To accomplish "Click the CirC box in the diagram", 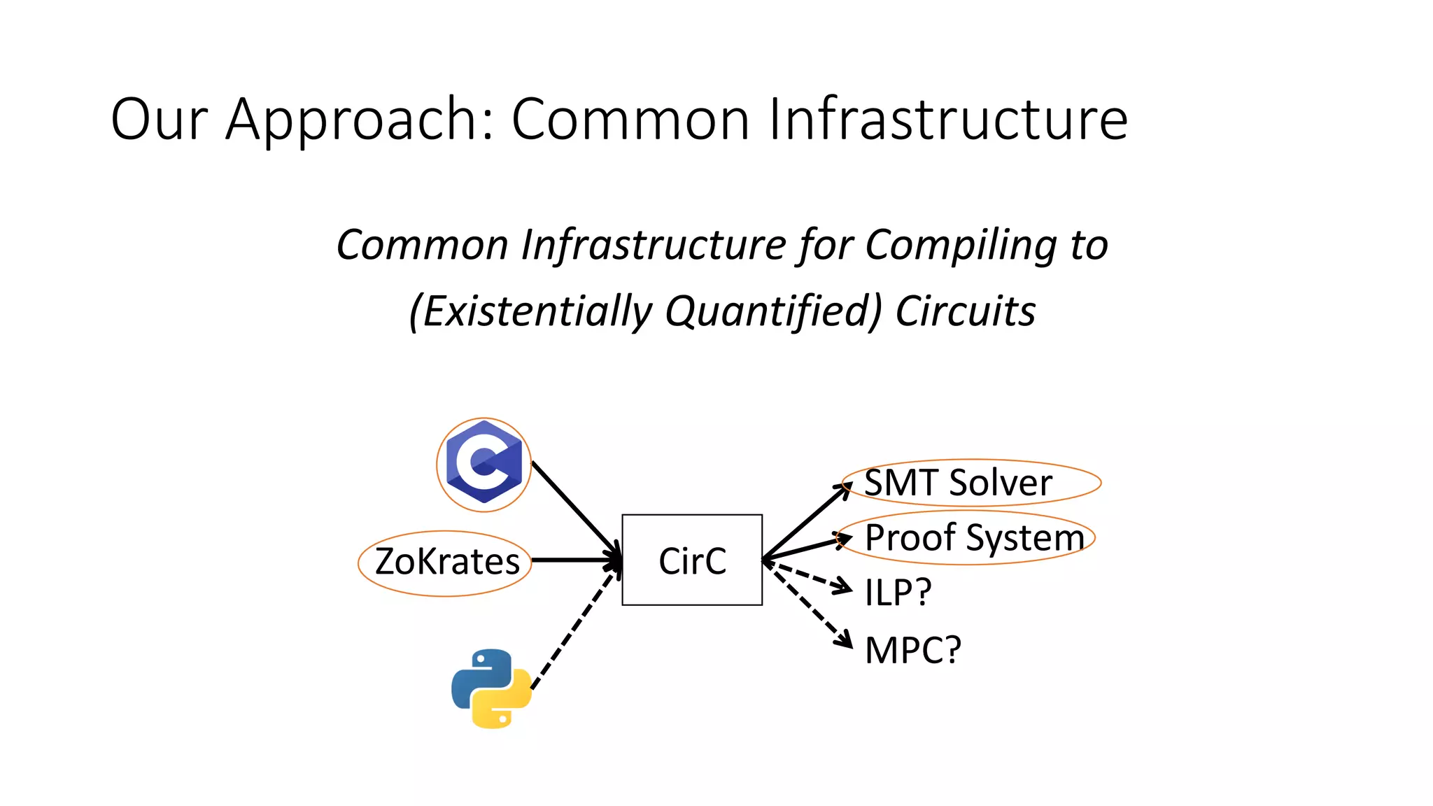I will click(x=692, y=560).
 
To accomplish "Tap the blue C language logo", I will click(x=484, y=463).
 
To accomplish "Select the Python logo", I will click(x=491, y=688).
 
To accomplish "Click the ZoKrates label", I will click(x=446, y=562).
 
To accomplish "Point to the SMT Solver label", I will click(x=958, y=483).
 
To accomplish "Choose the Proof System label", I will click(x=974, y=537).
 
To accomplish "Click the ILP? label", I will click(x=898, y=593).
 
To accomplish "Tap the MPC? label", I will click(x=912, y=650).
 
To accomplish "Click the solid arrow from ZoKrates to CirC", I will click(x=575, y=560).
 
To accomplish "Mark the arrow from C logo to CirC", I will click(x=574, y=507).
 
